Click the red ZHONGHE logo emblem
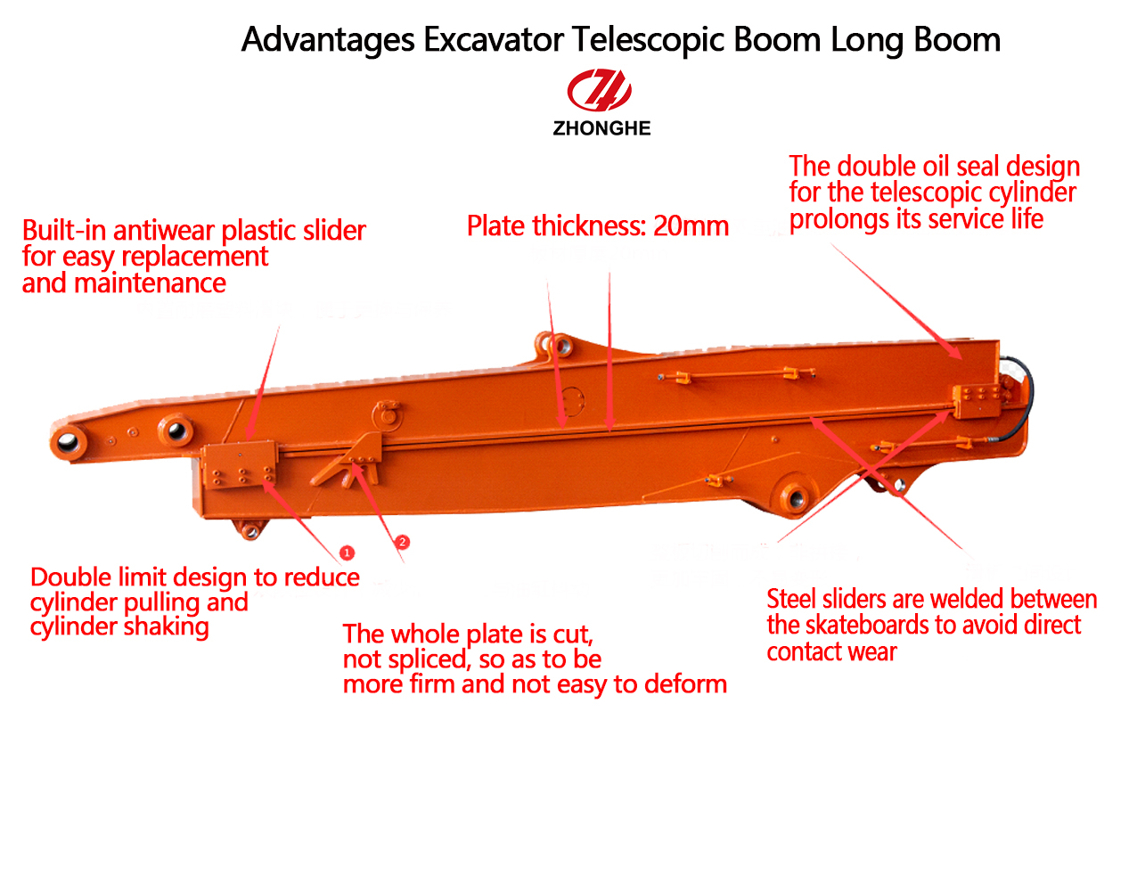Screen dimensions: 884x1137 [600, 91]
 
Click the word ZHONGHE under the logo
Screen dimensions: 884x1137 [601, 128]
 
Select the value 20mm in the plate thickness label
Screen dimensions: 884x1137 [691, 226]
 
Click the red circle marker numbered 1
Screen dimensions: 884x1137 [348, 553]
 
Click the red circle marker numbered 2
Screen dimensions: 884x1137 [402, 542]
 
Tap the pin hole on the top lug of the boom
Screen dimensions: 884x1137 [560, 345]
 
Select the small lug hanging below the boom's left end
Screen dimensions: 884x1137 [249, 531]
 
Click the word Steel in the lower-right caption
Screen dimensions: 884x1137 [791, 599]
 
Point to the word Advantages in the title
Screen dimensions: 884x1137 [328, 40]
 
